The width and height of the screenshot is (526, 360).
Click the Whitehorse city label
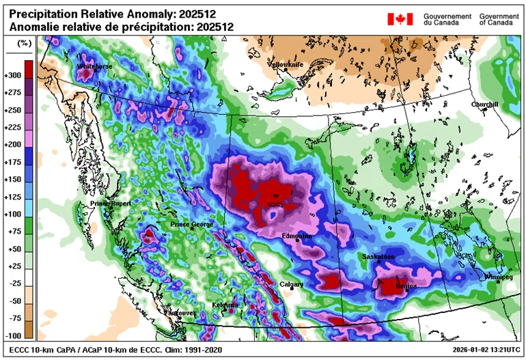(94, 66)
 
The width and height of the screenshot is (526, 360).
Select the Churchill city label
(484, 105)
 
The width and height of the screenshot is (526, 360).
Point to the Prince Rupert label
(111, 204)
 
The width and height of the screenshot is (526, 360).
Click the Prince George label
(192, 224)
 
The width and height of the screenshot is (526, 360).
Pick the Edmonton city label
(297, 236)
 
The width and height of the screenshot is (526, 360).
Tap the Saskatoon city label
(378, 257)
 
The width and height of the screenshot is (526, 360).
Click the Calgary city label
(292, 284)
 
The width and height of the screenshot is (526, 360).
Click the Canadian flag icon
(400, 18)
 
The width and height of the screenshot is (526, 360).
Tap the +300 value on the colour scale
(13, 74)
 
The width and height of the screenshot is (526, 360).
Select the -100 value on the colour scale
(13, 335)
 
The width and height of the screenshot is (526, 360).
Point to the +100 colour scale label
(13, 214)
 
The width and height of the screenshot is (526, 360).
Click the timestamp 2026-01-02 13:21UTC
(481, 349)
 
